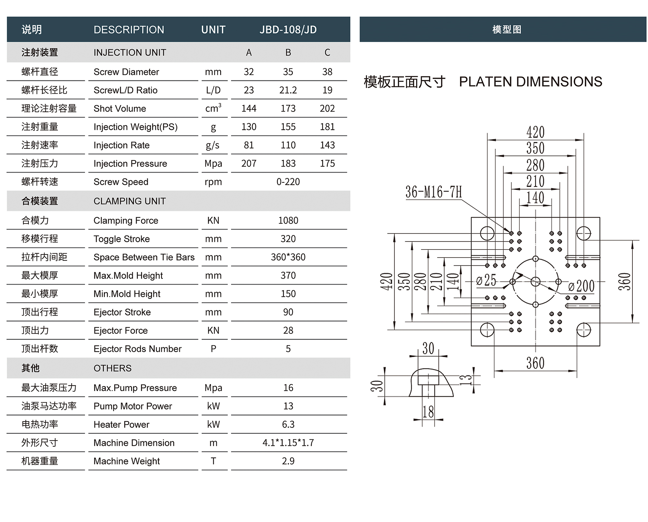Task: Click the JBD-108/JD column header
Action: [288, 29]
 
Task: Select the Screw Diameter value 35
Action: [288, 72]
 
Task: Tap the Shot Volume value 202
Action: [327, 108]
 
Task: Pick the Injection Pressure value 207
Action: [249, 163]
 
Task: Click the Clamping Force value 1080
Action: [288, 220]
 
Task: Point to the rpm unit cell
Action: [213, 182]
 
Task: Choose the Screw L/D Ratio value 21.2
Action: [288, 90]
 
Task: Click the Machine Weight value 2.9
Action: [288, 461]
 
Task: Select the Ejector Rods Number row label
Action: [137, 349]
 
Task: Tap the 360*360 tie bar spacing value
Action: [288, 257]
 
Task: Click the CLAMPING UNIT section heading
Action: [130, 201]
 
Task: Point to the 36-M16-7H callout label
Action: [434, 192]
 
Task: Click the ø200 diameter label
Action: [581, 286]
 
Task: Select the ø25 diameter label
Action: [486, 280]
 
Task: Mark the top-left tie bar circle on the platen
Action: [487, 233]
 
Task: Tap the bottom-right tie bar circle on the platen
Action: [584, 330]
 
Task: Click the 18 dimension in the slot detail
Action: [428, 412]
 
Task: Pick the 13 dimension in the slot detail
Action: [466, 379]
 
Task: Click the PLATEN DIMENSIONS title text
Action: [530, 82]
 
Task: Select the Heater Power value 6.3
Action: [288, 424]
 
